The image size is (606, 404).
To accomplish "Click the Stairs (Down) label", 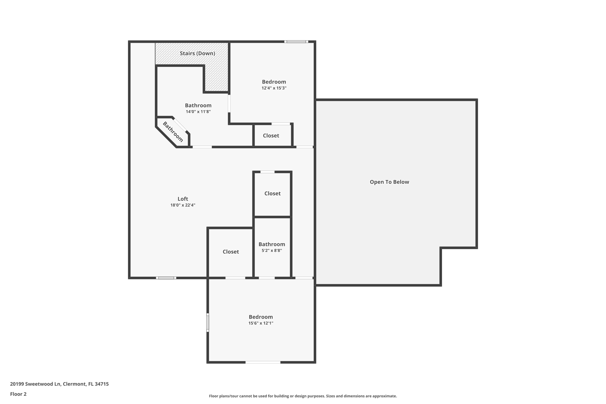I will tap(197, 53).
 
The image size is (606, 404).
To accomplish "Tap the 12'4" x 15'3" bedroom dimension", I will tap(274, 88).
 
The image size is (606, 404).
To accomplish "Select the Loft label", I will tap(183, 199).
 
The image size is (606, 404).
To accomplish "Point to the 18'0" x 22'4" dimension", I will tap(183, 205).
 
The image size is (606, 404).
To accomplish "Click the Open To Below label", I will tap(389, 182).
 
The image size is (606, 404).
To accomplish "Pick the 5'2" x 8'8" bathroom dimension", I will tap(272, 250).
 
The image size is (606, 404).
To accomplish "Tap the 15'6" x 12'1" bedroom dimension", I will tap(261, 323).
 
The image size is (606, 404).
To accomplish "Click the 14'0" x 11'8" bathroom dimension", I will tap(198, 112).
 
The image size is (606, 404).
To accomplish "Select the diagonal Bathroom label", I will tap(173, 132).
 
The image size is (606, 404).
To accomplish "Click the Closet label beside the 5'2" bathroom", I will tap(231, 252).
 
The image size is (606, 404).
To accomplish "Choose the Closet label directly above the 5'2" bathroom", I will tap(272, 193).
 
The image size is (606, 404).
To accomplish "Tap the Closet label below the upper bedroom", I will tap(271, 136).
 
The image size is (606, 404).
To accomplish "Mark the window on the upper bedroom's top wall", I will tap(296, 42).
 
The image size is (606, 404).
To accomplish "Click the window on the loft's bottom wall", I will tap(166, 278).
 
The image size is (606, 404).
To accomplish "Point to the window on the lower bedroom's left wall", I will tap(208, 323).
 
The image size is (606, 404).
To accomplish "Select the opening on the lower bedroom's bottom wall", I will tap(263, 362).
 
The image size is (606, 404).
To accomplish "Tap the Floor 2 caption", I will tap(18, 394).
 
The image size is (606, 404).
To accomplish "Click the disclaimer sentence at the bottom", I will tap(303, 396).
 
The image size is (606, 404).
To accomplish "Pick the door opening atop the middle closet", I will tap(267, 172).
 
